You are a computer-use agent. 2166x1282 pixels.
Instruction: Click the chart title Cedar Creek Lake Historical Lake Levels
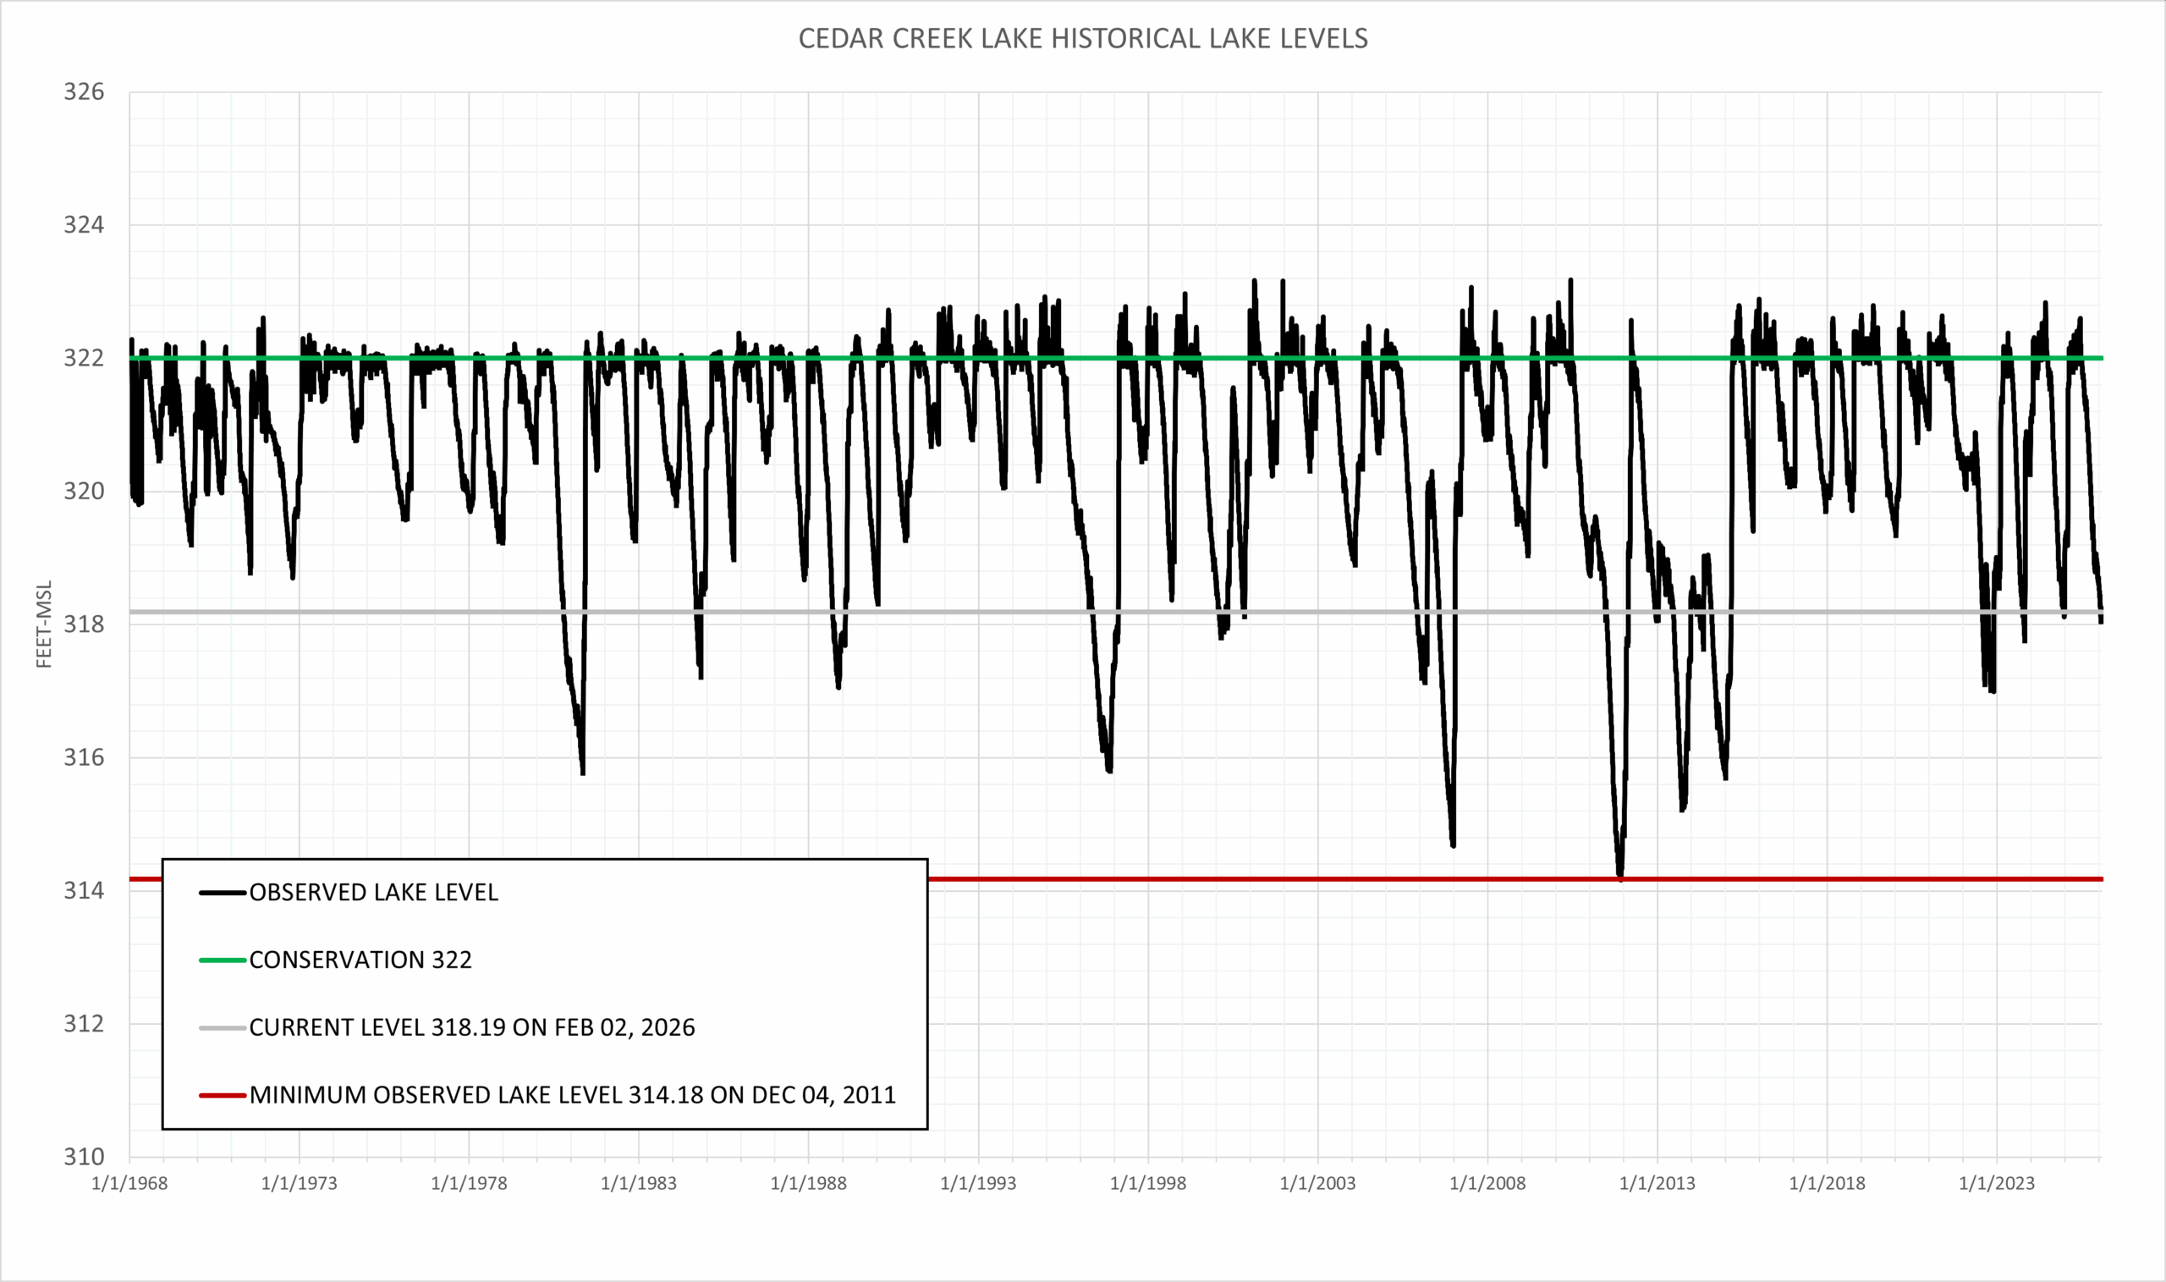pyautogui.click(x=1082, y=39)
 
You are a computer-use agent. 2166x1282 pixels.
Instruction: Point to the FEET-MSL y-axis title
pyautogui.click(x=44, y=624)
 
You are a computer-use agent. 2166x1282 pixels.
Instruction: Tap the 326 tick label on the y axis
pyautogui.click(x=84, y=91)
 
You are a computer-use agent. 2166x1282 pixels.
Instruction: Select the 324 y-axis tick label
pyautogui.click(x=84, y=224)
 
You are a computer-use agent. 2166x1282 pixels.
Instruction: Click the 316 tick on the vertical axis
pyautogui.click(x=84, y=757)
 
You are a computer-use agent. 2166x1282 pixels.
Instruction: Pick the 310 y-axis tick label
pyautogui.click(x=84, y=1157)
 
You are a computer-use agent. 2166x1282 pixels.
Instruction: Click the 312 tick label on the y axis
pyautogui.click(x=84, y=1024)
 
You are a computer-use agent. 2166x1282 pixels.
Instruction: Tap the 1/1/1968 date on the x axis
pyautogui.click(x=129, y=1184)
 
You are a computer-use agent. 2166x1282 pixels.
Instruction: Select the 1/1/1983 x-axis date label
pyautogui.click(x=638, y=1184)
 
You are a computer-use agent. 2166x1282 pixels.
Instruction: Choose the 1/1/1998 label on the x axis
pyautogui.click(x=1148, y=1184)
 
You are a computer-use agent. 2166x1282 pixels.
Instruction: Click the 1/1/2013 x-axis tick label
pyautogui.click(x=1657, y=1184)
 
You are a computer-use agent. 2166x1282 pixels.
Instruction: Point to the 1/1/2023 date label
pyautogui.click(x=1996, y=1184)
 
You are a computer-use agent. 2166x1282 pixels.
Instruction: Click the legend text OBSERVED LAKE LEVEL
pyautogui.click(x=373, y=893)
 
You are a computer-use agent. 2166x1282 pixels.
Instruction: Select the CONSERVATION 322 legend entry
pyautogui.click(x=360, y=960)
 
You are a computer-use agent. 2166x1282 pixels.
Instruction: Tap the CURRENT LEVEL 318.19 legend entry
pyautogui.click(x=471, y=1027)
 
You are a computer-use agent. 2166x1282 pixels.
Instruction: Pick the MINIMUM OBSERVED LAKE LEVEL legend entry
pyautogui.click(x=572, y=1095)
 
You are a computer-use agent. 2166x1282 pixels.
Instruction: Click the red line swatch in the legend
pyautogui.click(x=222, y=1095)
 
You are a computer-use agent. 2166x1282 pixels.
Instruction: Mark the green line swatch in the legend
pyautogui.click(x=222, y=960)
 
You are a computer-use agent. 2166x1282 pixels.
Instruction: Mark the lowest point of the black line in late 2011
pyautogui.click(x=1620, y=878)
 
